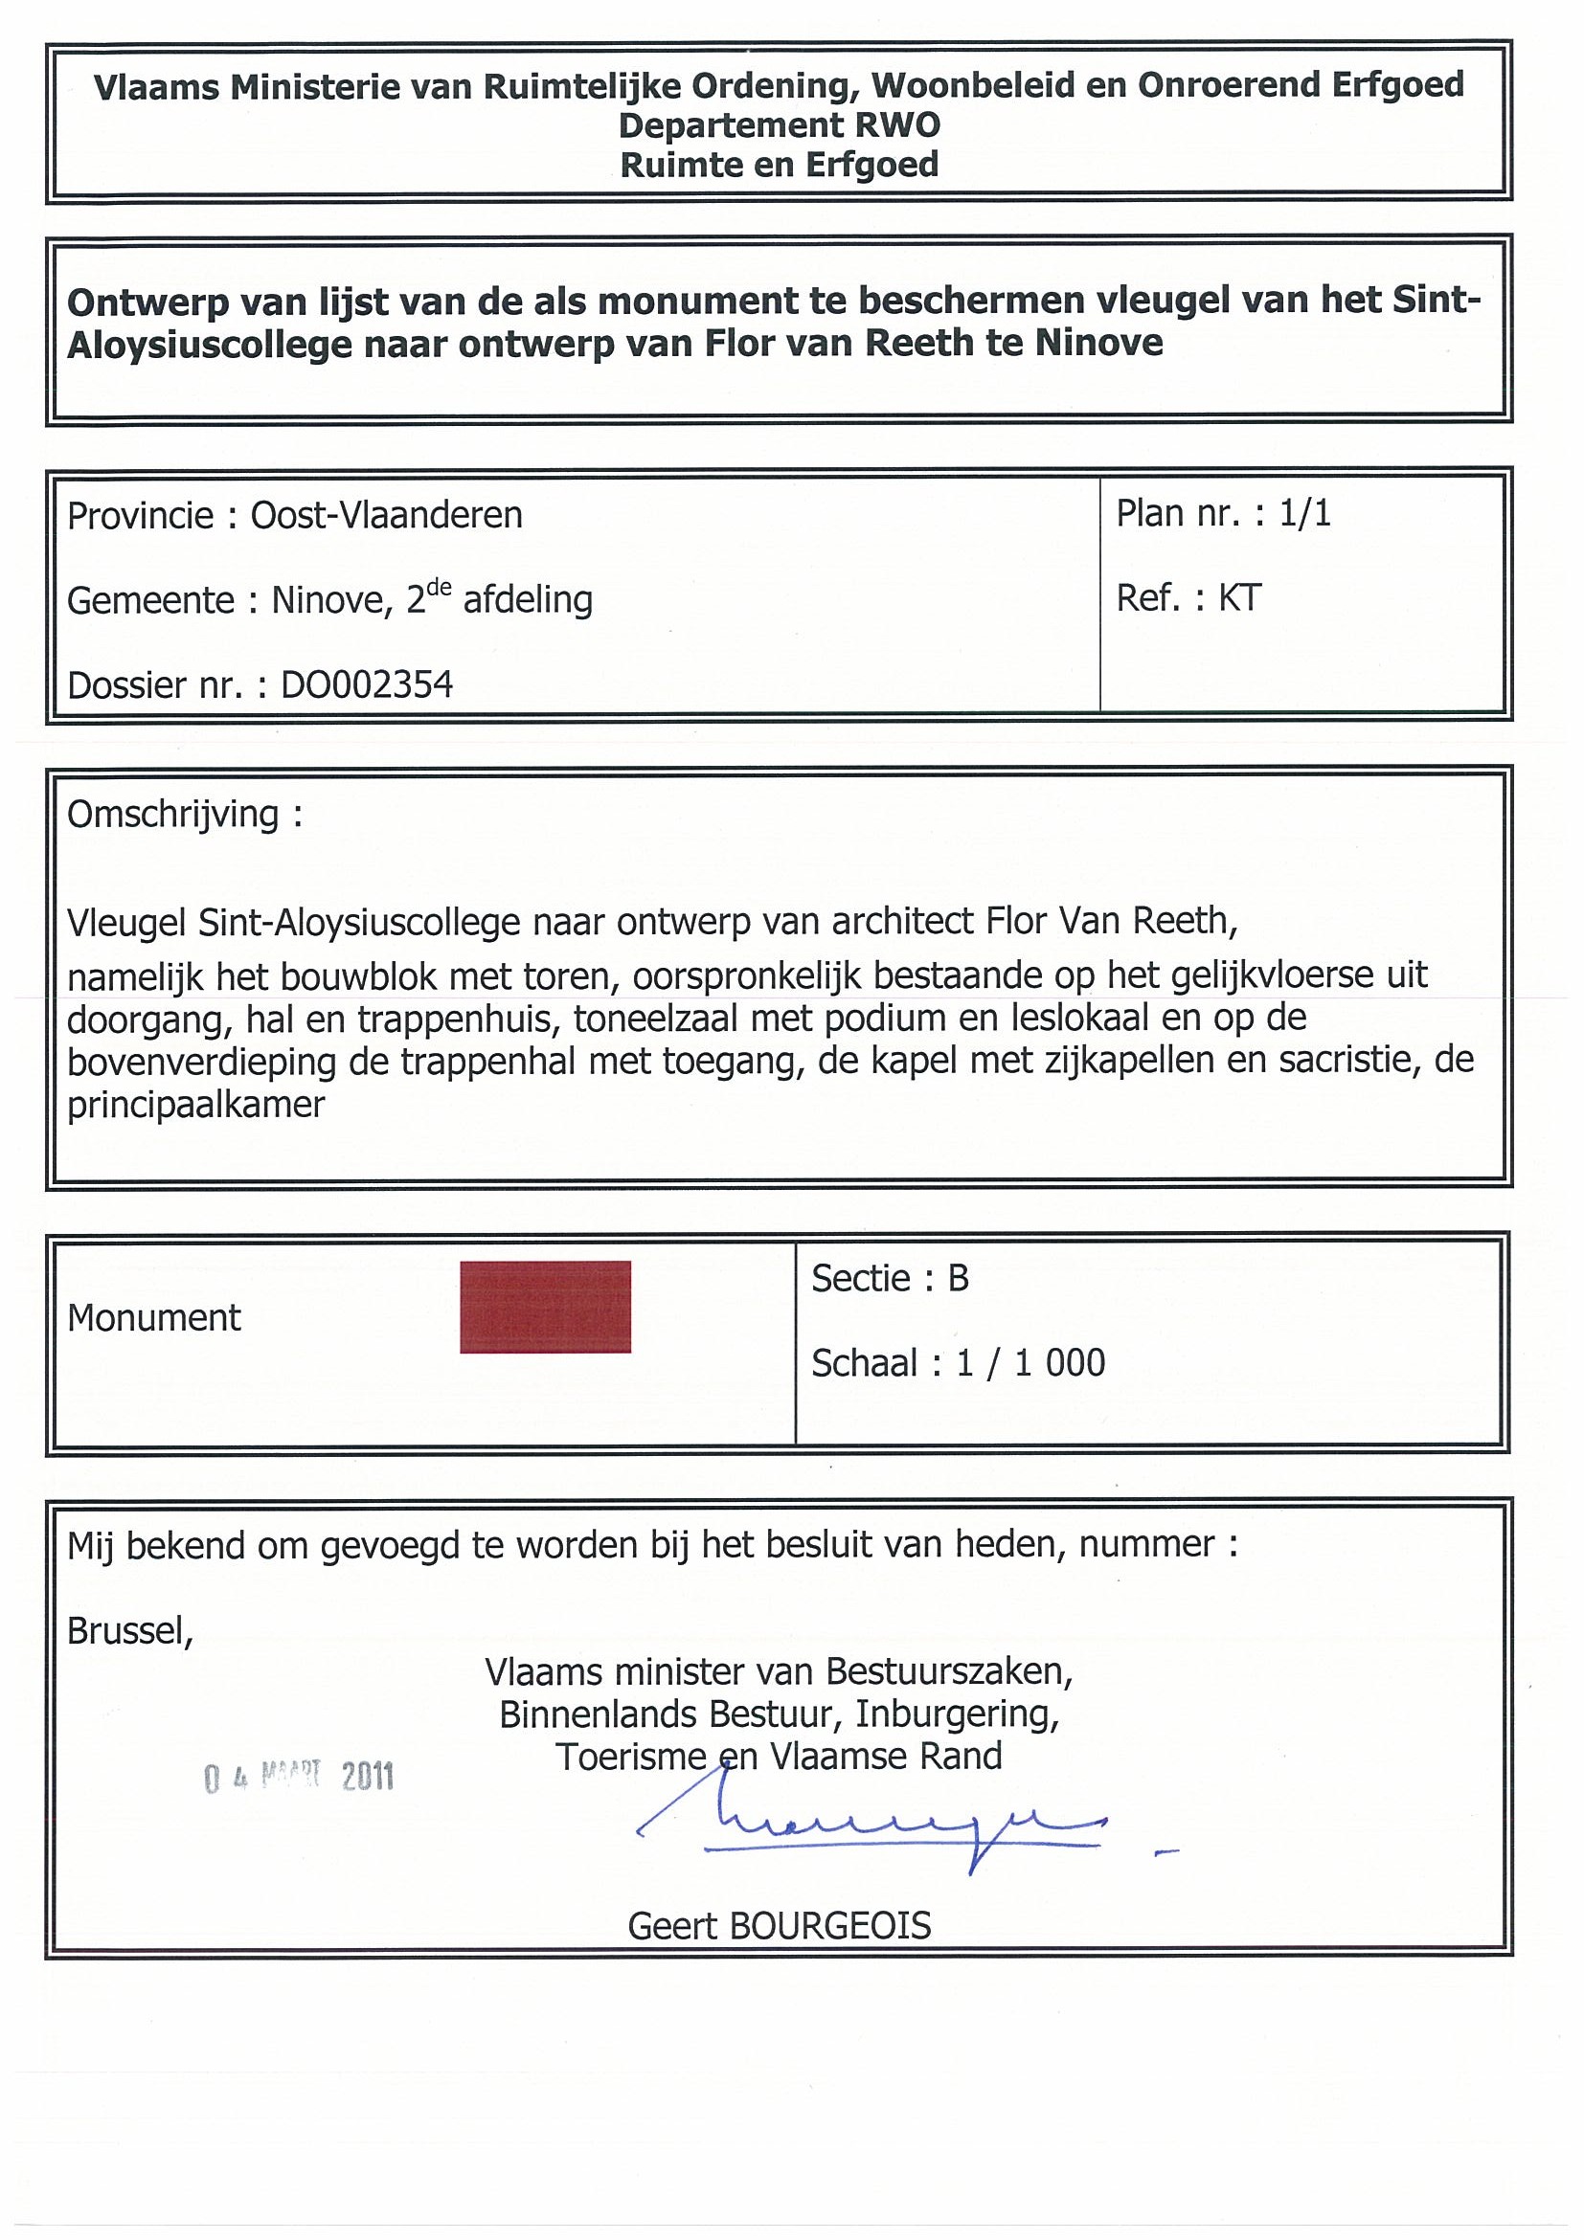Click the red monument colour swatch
[x=545, y=1307]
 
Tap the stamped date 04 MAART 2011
[x=299, y=1777]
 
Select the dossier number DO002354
[x=367, y=685]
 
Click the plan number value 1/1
[x=1305, y=514]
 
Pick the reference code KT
[x=1239, y=598]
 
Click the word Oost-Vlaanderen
[x=387, y=515]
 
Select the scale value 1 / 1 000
[x=1030, y=1363]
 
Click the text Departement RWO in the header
[x=779, y=125]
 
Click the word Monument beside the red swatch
[x=153, y=1318]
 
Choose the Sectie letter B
[x=958, y=1279]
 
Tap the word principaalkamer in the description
[x=195, y=1106]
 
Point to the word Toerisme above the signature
[x=630, y=1756]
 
